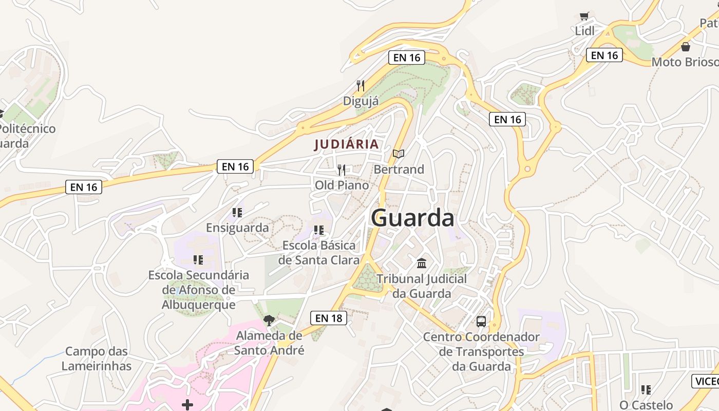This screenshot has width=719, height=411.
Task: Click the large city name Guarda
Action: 412,218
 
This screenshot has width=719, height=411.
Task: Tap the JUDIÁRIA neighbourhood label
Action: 346,144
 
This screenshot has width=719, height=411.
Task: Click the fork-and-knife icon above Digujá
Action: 361,86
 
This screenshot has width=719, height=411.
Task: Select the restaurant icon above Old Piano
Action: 342,170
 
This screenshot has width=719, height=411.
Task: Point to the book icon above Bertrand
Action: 399,154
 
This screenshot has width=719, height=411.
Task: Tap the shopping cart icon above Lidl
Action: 584,16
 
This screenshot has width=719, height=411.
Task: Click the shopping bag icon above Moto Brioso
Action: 686,47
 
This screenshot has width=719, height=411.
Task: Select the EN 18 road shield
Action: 329,318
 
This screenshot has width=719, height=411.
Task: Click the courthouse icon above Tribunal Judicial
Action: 422,264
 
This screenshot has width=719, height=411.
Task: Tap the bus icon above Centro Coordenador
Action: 481,322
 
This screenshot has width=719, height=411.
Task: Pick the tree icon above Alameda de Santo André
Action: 269,321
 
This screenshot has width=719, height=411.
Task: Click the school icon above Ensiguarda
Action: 237,212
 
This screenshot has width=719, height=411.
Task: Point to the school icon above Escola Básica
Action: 319,230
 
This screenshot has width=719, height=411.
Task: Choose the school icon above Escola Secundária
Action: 198,260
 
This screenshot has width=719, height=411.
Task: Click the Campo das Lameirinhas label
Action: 97,359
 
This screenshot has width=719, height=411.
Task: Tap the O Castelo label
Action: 646,405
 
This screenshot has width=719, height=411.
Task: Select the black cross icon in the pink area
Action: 187,405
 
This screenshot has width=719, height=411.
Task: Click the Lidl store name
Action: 584,31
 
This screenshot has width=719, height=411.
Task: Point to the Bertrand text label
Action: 399,169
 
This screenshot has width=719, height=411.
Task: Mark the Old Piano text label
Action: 342,185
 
